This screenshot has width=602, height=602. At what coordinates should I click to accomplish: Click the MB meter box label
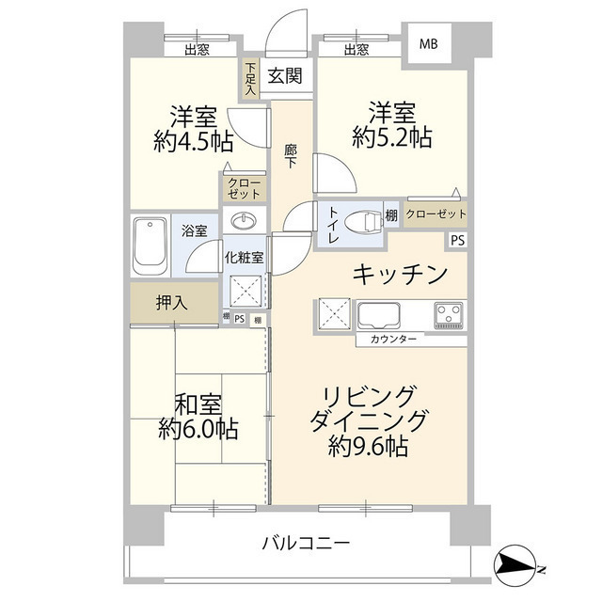428,44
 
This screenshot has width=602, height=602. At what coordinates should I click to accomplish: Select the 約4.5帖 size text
194,142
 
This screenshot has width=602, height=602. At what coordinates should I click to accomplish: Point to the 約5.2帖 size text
392,138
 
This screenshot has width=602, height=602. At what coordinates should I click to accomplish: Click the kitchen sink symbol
379,313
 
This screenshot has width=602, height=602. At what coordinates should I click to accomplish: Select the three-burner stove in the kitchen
450,313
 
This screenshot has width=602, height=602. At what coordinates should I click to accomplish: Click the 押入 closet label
171,303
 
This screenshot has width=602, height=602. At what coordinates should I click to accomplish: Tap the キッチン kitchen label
399,274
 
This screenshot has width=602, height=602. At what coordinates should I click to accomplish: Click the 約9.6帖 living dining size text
368,446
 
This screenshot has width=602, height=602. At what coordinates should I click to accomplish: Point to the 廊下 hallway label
291,154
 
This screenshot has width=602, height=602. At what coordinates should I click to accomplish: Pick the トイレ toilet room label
333,226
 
